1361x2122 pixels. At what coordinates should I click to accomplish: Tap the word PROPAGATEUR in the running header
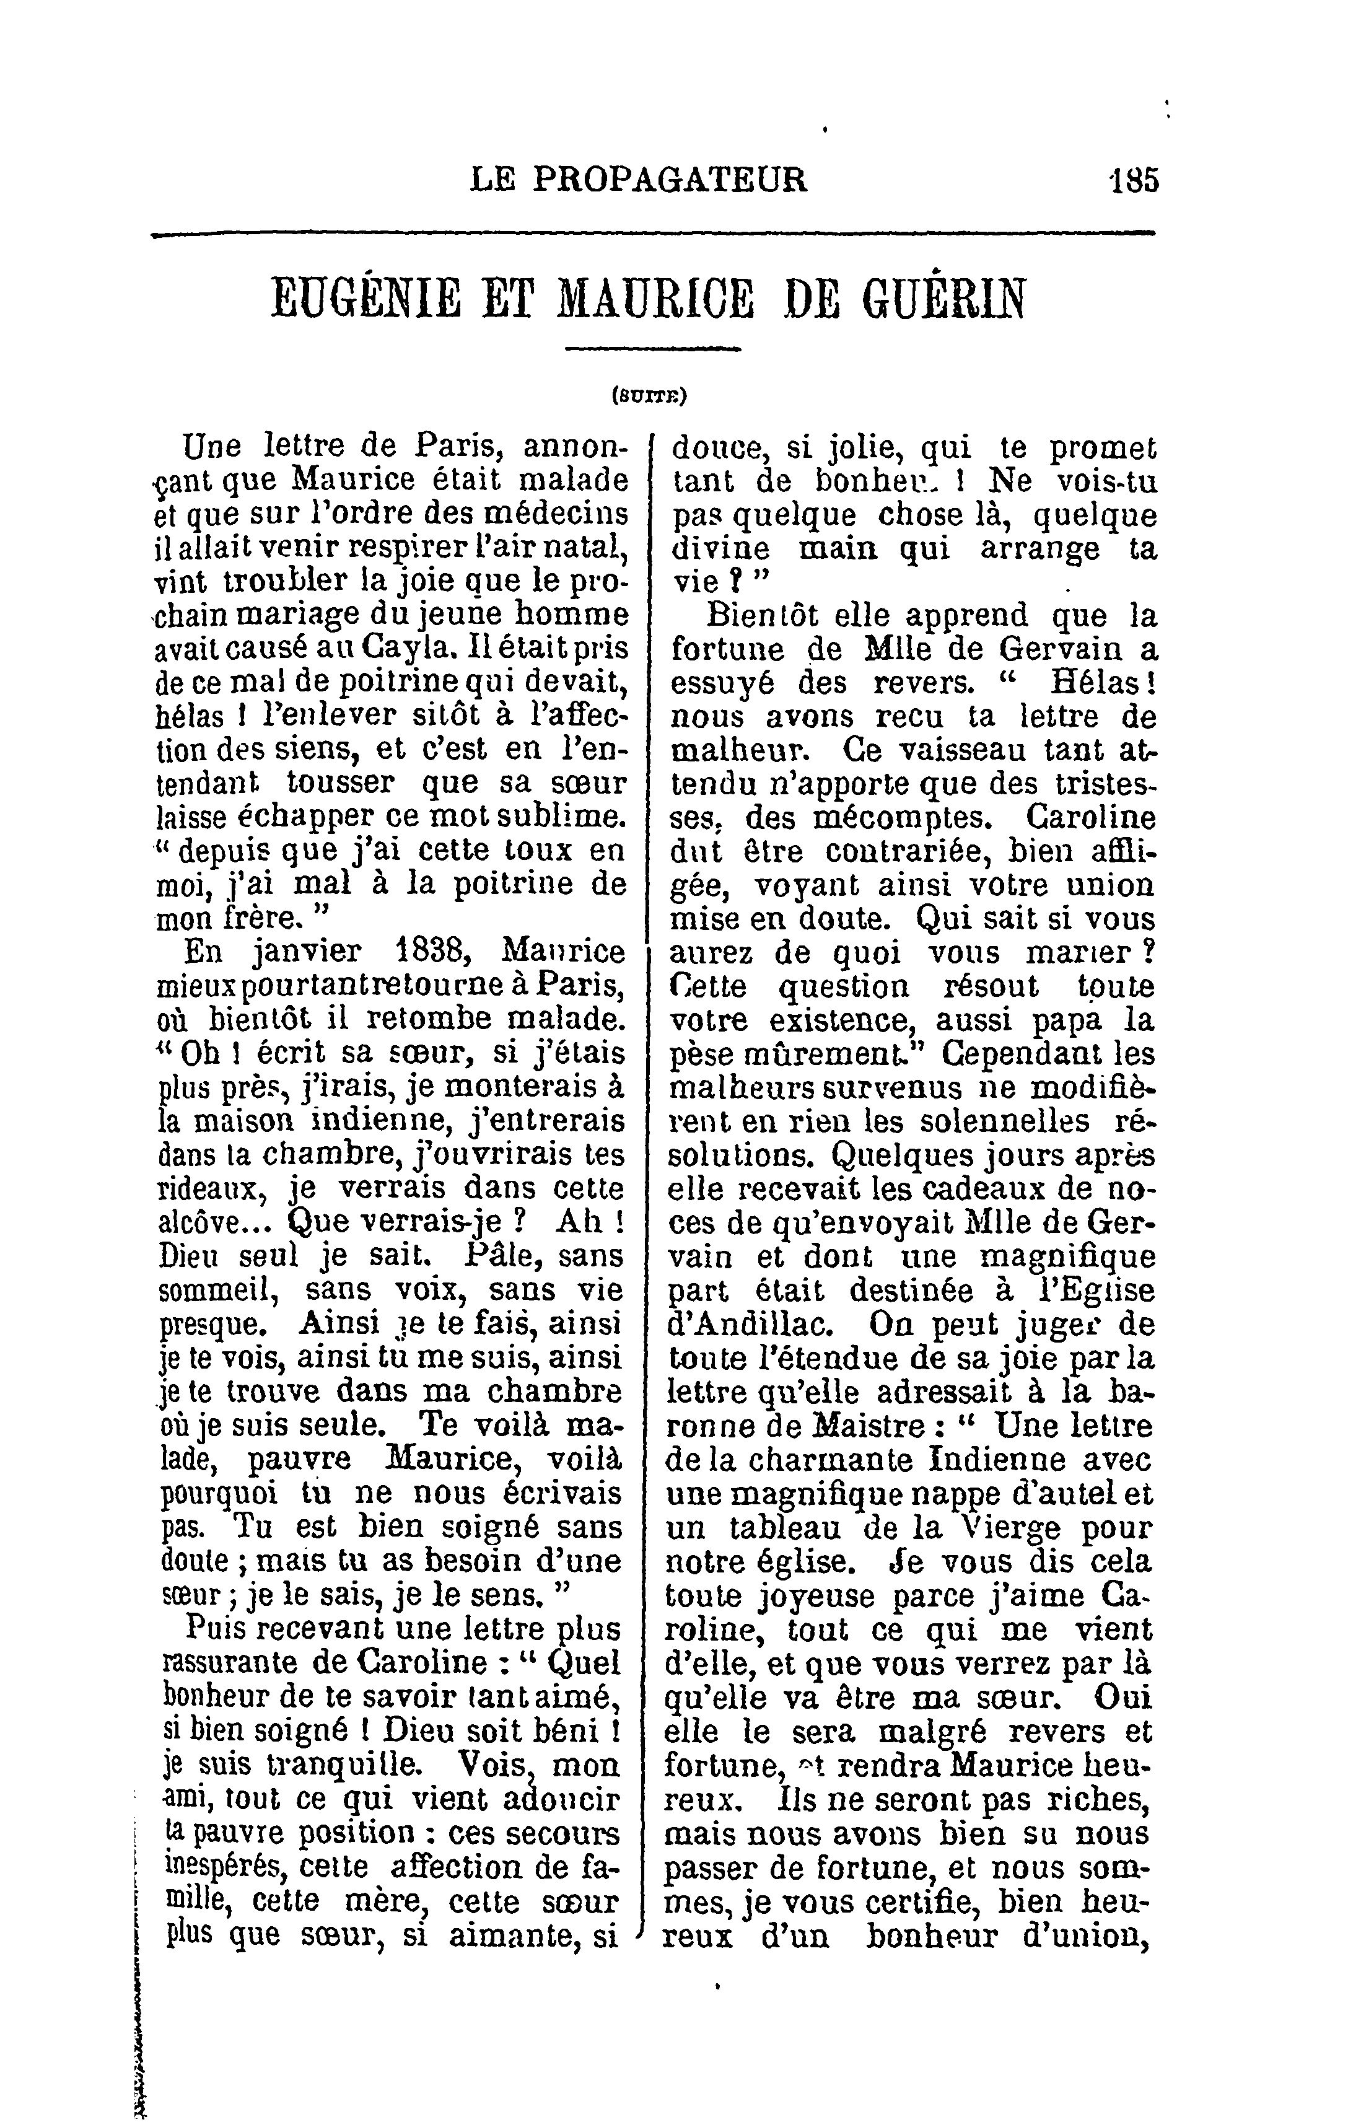point(671,180)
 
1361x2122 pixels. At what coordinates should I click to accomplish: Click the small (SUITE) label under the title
point(650,397)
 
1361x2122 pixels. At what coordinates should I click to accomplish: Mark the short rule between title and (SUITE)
point(652,350)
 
